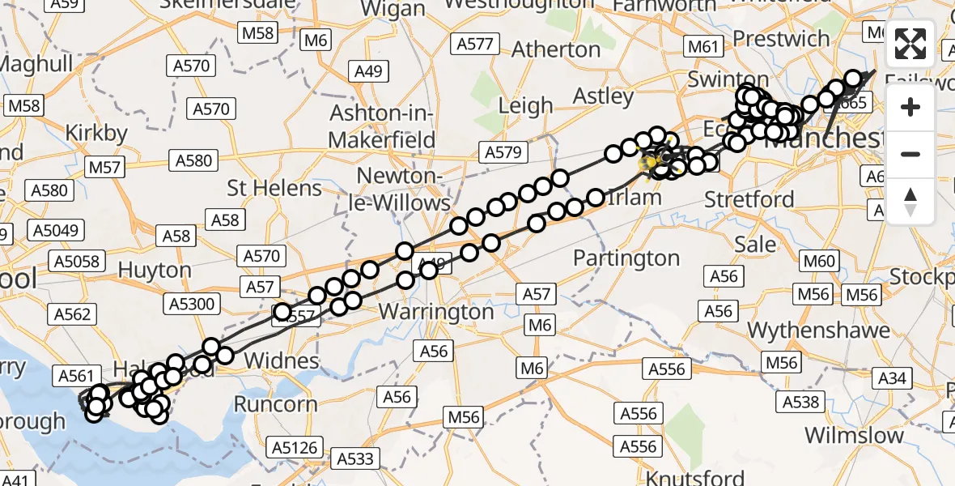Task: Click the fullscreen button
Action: (x=910, y=44)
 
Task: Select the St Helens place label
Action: (x=274, y=188)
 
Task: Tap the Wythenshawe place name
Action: (x=819, y=330)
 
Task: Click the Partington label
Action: (x=626, y=258)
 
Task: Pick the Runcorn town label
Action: (x=275, y=403)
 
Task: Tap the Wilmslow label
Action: (x=854, y=435)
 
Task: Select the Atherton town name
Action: (x=556, y=49)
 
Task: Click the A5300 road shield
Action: (x=191, y=304)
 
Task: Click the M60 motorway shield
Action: (x=818, y=261)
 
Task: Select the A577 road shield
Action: (x=474, y=44)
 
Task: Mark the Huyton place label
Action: (x=155, y=269)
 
